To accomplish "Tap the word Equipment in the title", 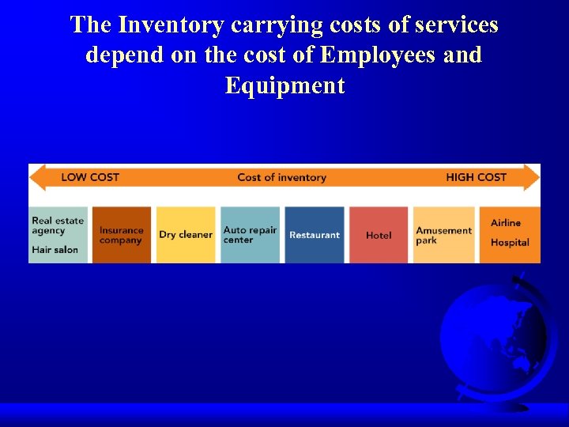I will tap(284, 85).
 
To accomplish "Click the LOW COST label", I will tap(90, 177).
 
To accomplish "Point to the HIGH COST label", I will tap(476, 177).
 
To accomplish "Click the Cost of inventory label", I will tap(281, 177).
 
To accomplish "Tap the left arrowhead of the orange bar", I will tap(38, 177).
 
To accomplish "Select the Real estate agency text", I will tap(58, 225).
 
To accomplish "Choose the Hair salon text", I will tap(55, 249).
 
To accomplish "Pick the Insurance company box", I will tap(122, 235).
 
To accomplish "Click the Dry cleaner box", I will tap(186, 235).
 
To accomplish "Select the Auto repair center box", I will tap(250, 235).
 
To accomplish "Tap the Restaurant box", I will tap(314, 235).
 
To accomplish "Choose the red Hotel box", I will tap(379, 235).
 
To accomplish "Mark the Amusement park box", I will tap(444, 235).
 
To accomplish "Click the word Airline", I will tap(506, 223).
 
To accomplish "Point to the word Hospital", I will tap(510, 243).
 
